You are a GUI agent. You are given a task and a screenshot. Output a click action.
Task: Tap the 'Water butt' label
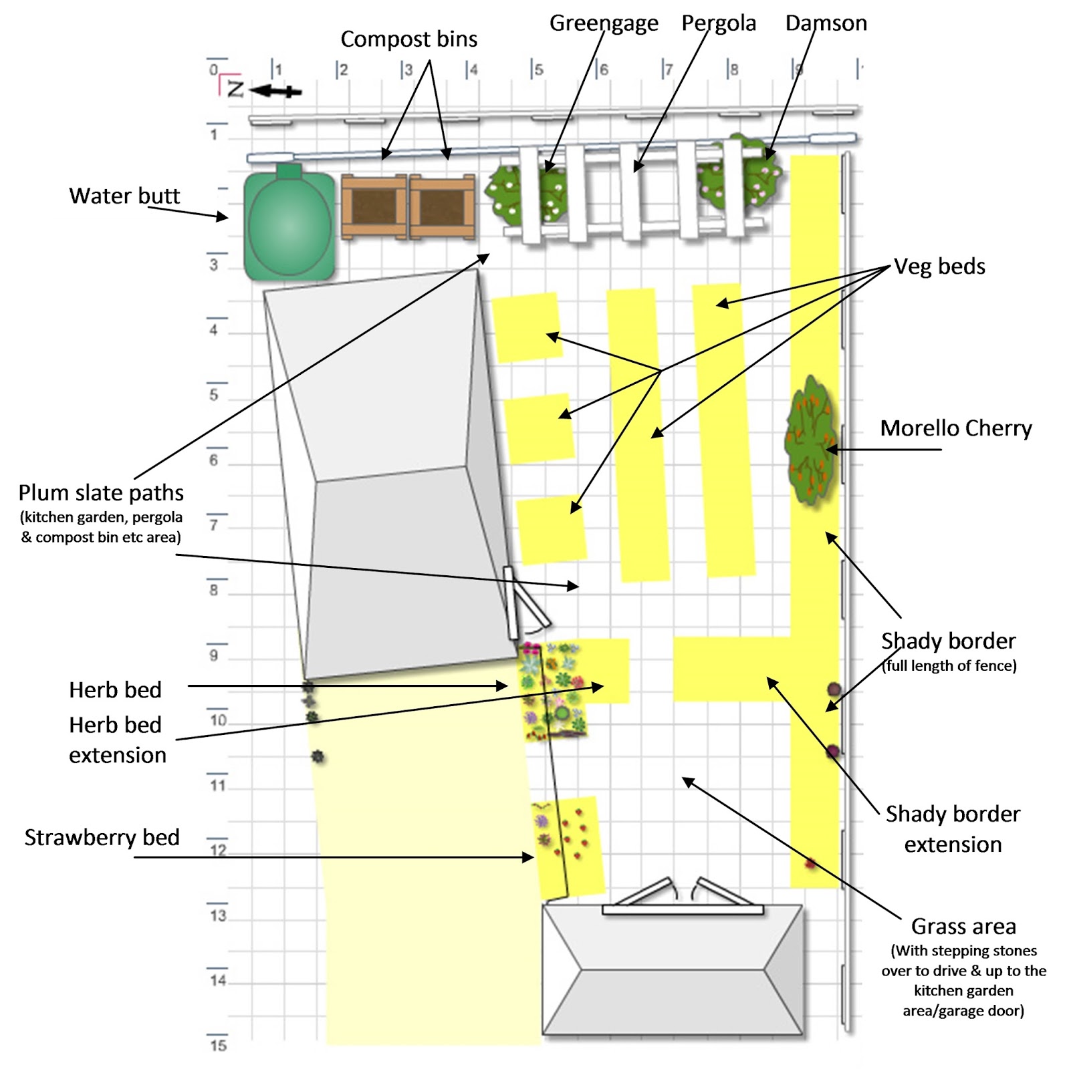pos(124,196)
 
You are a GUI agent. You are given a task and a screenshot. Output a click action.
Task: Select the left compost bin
pos(374,207)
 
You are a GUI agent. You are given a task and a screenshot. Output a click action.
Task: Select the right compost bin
pos(442,207)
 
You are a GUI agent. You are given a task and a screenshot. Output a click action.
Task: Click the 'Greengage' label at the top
pos(603,23)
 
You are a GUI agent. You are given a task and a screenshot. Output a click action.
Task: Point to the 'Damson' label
pos(826,23)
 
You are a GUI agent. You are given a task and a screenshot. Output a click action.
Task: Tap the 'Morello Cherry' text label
pos(955,428)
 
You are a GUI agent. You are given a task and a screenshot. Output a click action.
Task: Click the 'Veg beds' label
pos(939,267)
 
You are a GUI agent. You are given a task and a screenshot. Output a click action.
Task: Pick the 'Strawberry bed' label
pos(102,837)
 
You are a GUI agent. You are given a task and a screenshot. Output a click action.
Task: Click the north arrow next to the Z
pos(275,91)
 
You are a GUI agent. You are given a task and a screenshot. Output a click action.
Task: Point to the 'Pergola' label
pos(718,23)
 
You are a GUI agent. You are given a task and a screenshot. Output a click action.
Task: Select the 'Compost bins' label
pos(408,39)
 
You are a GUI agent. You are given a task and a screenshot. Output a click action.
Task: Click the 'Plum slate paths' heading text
pos(101,493)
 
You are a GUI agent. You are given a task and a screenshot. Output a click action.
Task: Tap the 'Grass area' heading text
pos(963,927)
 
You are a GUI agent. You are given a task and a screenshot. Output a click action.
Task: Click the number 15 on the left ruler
pos(218,1046)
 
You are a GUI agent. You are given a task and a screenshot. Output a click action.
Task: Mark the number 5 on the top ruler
pos(538,69)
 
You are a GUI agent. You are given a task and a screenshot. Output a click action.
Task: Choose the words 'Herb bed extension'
pos(116,740)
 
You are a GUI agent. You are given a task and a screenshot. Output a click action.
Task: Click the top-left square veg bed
pos(526,327)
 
